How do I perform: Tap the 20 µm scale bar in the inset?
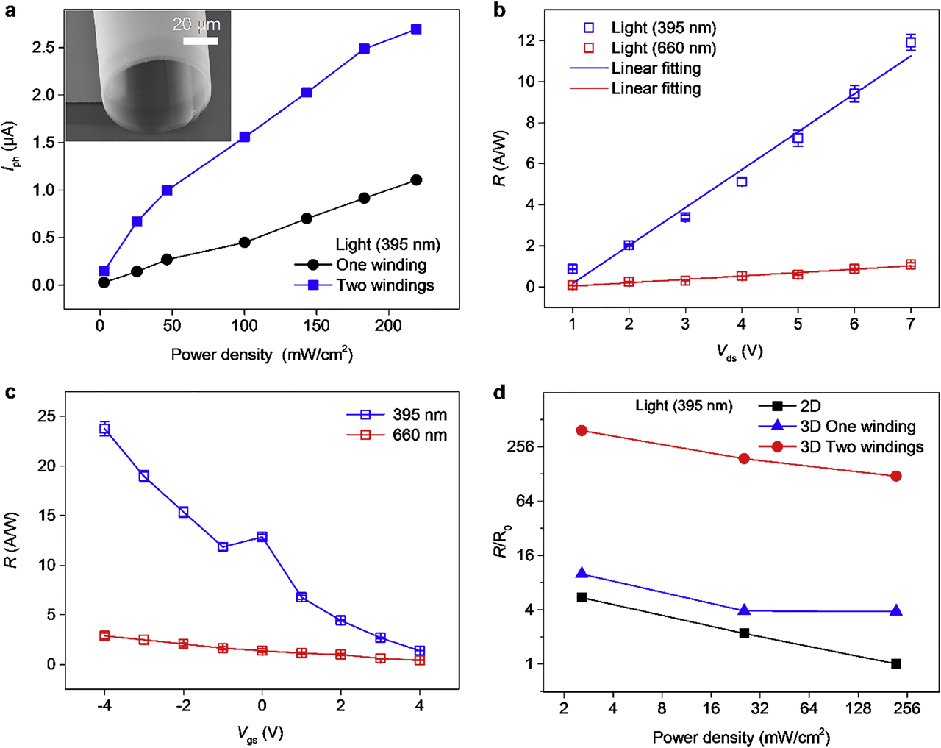200,41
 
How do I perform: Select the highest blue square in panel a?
416,29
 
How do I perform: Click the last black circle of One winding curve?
416,180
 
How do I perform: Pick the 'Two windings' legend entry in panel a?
384,285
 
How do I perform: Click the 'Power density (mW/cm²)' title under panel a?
262,355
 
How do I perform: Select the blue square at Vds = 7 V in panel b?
911,43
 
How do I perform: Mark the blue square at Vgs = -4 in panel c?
104,429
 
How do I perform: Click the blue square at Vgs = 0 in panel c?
262,537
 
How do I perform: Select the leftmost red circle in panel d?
582,430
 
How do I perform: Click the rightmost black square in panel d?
896,663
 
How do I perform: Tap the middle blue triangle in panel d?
744,610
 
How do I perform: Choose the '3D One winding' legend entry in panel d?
857,427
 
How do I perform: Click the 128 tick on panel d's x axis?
859,709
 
